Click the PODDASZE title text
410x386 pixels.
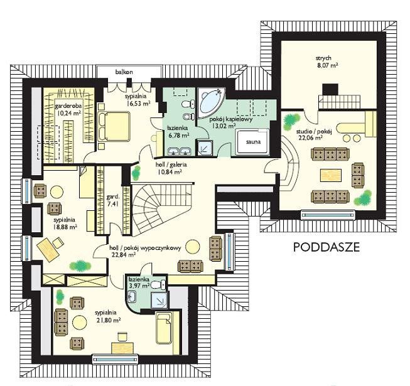pyautogui.click(x=326, y=247)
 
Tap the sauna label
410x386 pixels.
pyautogui.click(x=253, y=142)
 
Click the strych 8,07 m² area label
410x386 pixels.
pyautogui.click(x=327, y=62)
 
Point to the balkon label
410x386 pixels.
pyautogui.click(x=124, y=72)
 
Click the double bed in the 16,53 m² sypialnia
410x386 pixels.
pyautogui.click(x=114, y=126)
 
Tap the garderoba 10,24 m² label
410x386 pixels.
pyautogui.click(x=68, y=109)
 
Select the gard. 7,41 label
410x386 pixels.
pyautogui.click(x=113, y=200)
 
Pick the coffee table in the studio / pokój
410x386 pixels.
pyautogui.click(x=331, y=175)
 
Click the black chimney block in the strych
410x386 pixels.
pyautogui.click(x=330, y=90)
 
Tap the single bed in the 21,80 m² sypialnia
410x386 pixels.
pyautogui.click(x=164, y=329)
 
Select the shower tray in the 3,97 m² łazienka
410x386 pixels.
pyautogui.click(x=159, y=300)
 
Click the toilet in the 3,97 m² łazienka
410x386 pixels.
pyautogui.click(x=159, y=284)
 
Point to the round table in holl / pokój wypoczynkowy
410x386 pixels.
pyautogui.click(x=193, y=247)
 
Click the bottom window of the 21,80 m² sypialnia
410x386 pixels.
pyautogui.click(x=116, y=359)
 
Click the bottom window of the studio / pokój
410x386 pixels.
pyautogui.click(x=328, y=215)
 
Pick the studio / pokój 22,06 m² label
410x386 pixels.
pyautogui.click(x=313, y=134)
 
